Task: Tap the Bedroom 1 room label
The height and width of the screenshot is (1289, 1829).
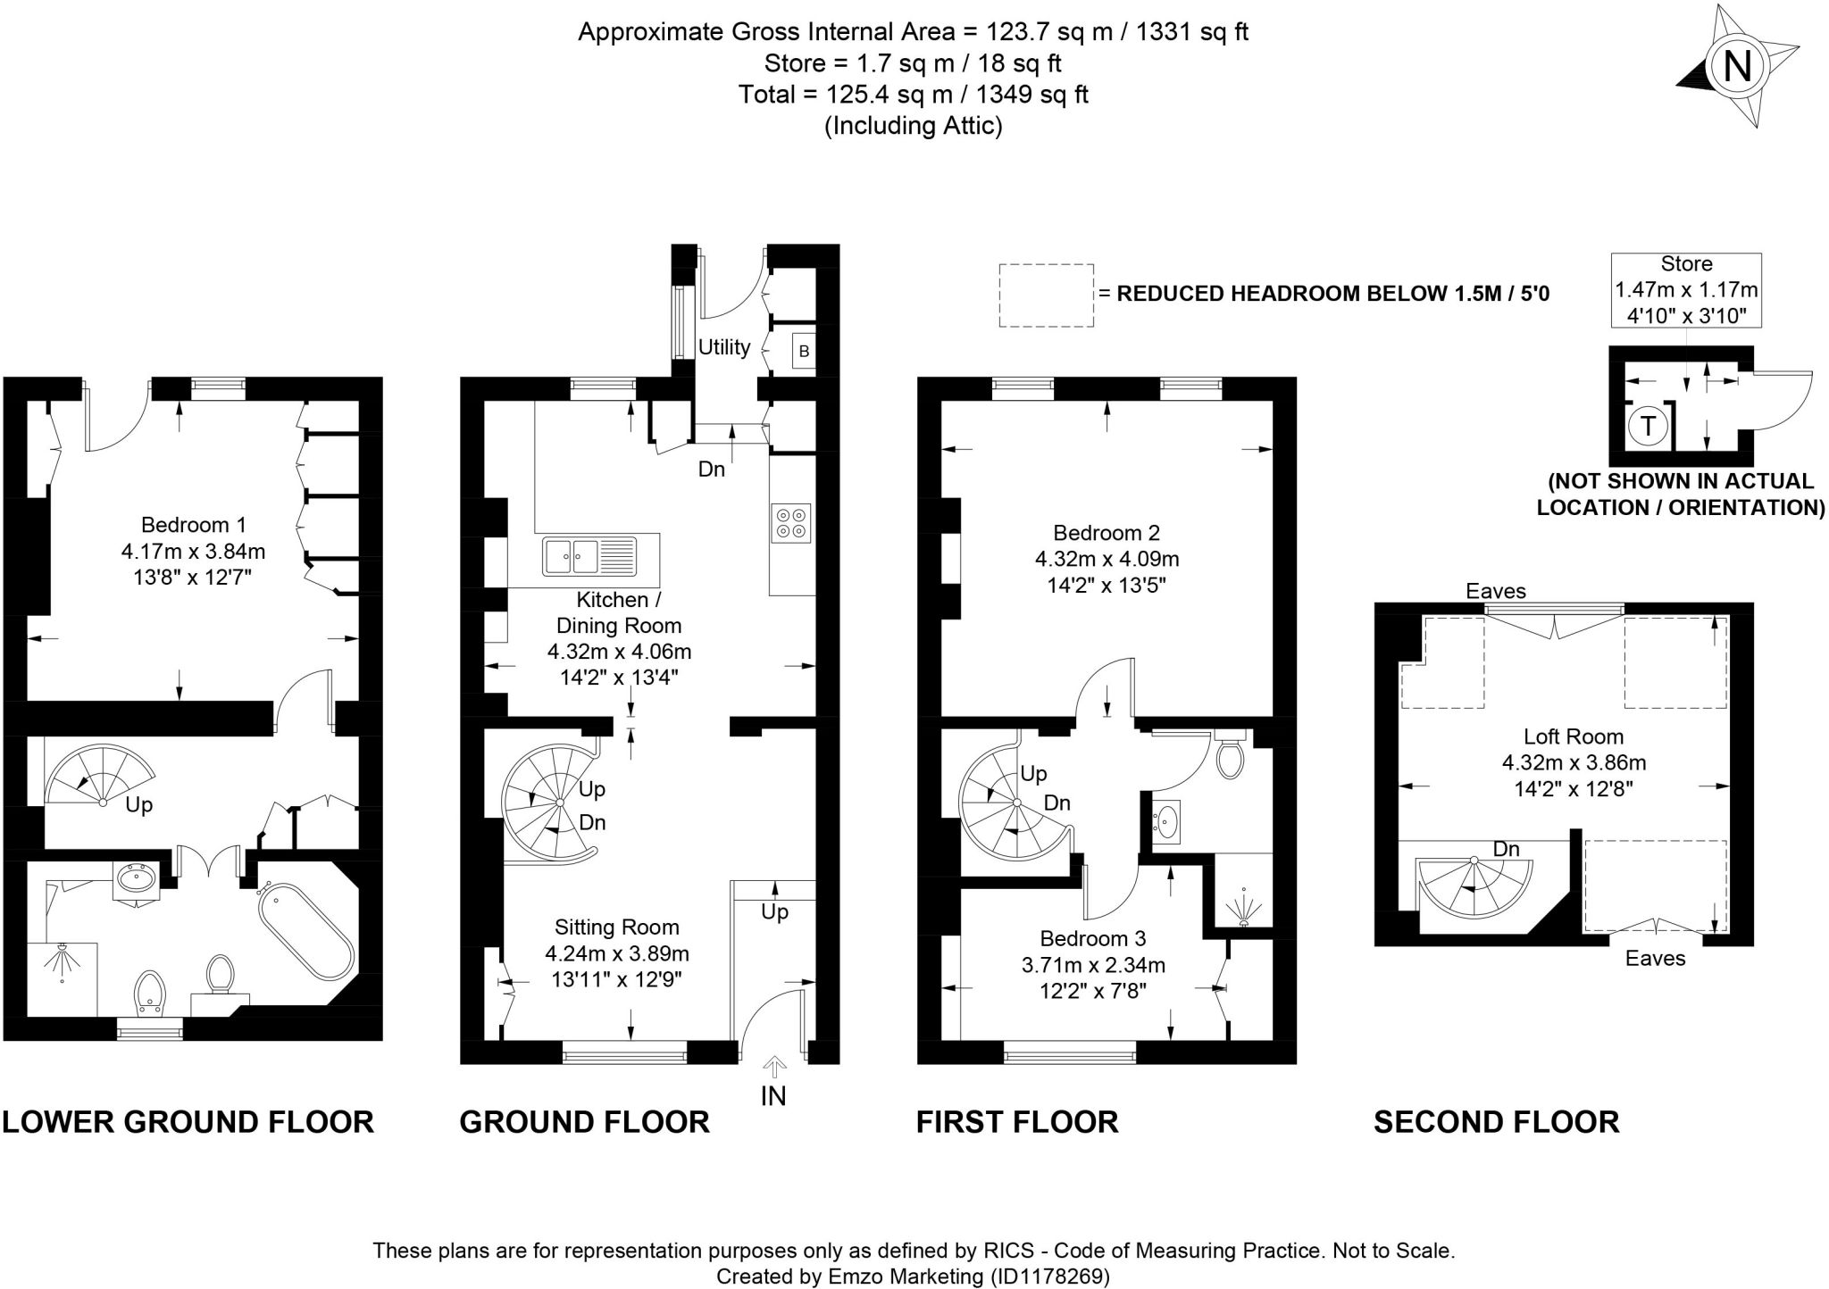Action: pos(193,525)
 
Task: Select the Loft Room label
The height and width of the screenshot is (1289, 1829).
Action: pos(1573,736)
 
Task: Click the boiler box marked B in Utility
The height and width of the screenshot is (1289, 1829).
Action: pos(804,352)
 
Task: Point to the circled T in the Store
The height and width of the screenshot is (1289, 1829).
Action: pos(1648,426)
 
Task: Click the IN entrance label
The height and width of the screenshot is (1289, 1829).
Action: pos(773,1096)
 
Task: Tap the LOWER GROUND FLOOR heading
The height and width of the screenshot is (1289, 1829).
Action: pos(188,1122)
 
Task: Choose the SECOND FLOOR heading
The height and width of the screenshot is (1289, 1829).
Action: pos(1496,1122)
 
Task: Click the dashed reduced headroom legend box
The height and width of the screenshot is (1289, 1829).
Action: pos(1046,295)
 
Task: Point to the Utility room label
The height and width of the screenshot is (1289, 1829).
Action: pos(723,347)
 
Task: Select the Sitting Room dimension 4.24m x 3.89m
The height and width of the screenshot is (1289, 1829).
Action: pos(616,953)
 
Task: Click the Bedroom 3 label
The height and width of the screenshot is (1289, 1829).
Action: pos(1092,938)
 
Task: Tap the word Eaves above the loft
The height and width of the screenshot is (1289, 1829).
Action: pos(1496,591)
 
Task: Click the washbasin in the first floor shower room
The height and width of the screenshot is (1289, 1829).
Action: pos(1166,819)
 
